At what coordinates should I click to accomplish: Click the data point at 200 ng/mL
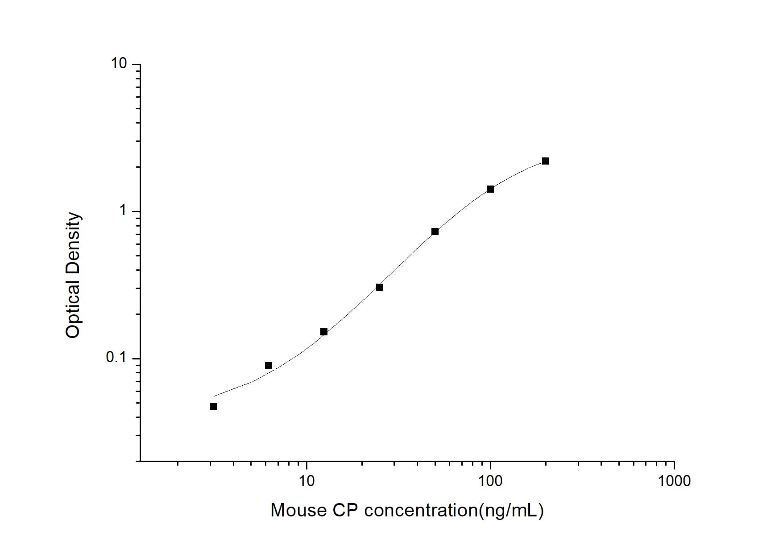pyautogui.click(x=545, y=161)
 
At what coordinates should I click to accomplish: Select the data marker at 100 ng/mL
pyautogui.click(x=490, y=189)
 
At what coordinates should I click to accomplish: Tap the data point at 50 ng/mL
pyautogui.click(x=435, y=231)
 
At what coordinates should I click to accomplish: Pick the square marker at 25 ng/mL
pyautogui.click(x=380, y=287)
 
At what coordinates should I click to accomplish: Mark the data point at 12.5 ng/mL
pyautogui.click(x=324, y=332)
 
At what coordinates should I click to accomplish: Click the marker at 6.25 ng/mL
pyautogui.click(x=269, y=366)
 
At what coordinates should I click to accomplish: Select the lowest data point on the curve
pyautogui.click(x=214, y=407)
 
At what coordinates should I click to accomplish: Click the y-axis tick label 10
pyautogui.click(x=119, y=64)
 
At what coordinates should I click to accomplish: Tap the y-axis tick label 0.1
pyautogui.click(x=116, y=357)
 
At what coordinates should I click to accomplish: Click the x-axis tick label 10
pyautogui.click(x=306, y=481)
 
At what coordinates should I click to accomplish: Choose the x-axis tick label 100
pyautogui.click(x=490, y=481)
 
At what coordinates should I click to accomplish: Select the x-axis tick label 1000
pyautogui.click(x=674, y=481)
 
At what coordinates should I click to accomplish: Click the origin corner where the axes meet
pyautogui.click(x=140, y=461)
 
